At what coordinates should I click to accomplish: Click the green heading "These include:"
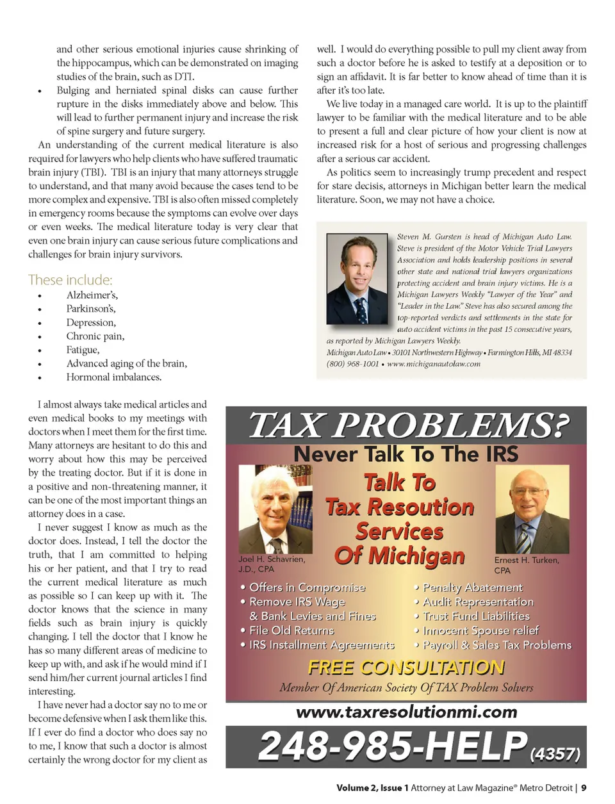70,280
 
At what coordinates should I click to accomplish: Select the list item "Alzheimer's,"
92,295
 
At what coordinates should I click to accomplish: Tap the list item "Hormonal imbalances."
113,377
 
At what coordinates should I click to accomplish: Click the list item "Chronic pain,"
95,336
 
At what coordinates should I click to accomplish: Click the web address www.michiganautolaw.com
434,364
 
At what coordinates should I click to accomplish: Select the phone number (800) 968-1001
352,364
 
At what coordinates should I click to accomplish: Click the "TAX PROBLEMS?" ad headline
408,425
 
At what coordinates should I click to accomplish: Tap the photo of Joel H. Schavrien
275,509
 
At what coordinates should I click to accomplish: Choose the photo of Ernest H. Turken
531,509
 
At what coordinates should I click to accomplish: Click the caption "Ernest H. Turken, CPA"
527,565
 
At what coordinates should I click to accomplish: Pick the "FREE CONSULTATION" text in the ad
406,668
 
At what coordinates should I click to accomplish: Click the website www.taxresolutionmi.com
406,712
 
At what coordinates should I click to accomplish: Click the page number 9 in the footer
584,788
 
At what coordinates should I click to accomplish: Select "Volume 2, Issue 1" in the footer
372,788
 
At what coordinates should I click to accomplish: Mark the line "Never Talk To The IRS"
406,454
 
